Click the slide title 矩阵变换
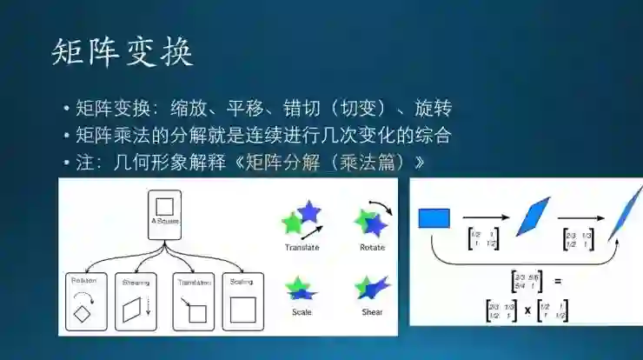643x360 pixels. click(x=121, y=52)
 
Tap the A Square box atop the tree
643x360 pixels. click(x=164, y=213)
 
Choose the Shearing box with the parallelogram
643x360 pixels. click(x=136, y=302)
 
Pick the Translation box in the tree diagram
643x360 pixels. click(x=193, y=302)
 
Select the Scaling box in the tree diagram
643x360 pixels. click(x=242, y=302)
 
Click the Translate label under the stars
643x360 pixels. click(x=302, y=248)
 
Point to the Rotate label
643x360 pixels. click(x=372, y=248)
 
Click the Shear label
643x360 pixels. click(x=371, y=311)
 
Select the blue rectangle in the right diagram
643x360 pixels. click(x=434, y=217)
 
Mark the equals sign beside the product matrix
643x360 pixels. click(x=558, y=281)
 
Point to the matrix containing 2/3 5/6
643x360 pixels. click(x=527, y=281)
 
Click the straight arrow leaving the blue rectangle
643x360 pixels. click(x=485, y=217)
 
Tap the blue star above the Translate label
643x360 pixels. click(x=308, y=212)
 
